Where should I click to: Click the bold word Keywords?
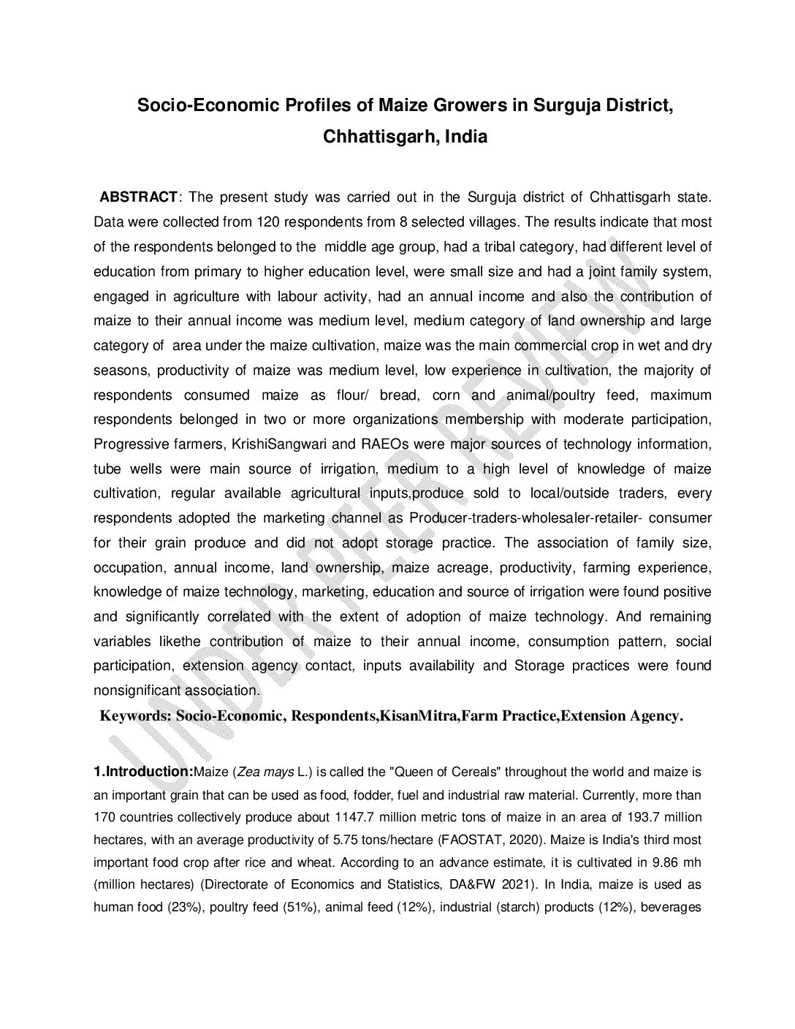tap(134, 716)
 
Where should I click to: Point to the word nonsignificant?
tap(134, 690)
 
